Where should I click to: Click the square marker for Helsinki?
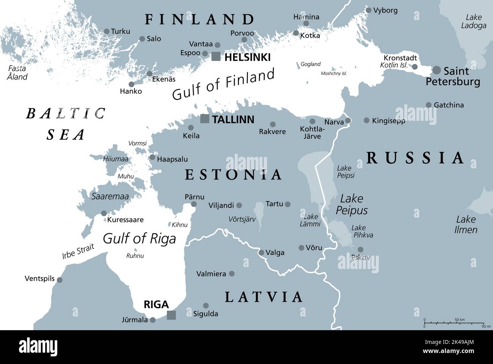click(216, 57)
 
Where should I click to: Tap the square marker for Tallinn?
click(205, 119)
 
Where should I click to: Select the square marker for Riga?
click(171, 315)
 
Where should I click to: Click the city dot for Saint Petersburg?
click(437, 70)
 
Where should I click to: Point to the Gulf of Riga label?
click(140, 239)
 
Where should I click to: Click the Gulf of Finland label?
click(223, 84)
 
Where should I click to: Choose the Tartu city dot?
click(288, 204)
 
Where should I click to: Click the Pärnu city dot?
click(194, 204)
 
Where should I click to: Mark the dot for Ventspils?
click(60, 280)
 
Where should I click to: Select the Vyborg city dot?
click(368, 10)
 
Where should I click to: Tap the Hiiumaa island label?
click(116, 160)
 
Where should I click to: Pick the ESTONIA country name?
click(233, 175)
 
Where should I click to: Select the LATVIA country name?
click(264, 297)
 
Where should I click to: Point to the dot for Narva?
click(348, 121)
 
